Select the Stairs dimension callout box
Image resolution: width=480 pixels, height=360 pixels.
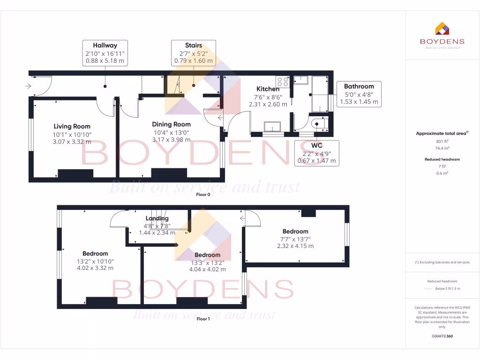point(193,53)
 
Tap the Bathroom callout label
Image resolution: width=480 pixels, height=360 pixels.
point(359,94)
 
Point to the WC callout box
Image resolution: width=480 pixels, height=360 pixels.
point(316,153)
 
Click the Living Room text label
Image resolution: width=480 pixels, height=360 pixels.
point(72,126)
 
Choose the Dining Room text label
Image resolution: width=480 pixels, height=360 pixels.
point(171,124)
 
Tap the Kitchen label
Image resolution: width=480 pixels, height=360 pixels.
point(268,89)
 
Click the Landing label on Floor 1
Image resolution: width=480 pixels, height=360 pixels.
point(157,218)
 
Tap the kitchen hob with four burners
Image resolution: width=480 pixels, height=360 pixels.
point(283,81)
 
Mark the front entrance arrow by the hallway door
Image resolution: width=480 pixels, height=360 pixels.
point(28,86)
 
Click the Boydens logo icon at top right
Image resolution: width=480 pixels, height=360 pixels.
point(442,29)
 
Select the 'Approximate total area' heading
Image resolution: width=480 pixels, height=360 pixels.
point(442,134)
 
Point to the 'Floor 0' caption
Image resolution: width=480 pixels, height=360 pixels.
point(203,195)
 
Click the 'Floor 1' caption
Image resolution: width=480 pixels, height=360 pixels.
point(203,319)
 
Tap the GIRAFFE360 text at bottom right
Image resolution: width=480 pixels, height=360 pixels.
point(442,336)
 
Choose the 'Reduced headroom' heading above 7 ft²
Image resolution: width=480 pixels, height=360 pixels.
point(442,159)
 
